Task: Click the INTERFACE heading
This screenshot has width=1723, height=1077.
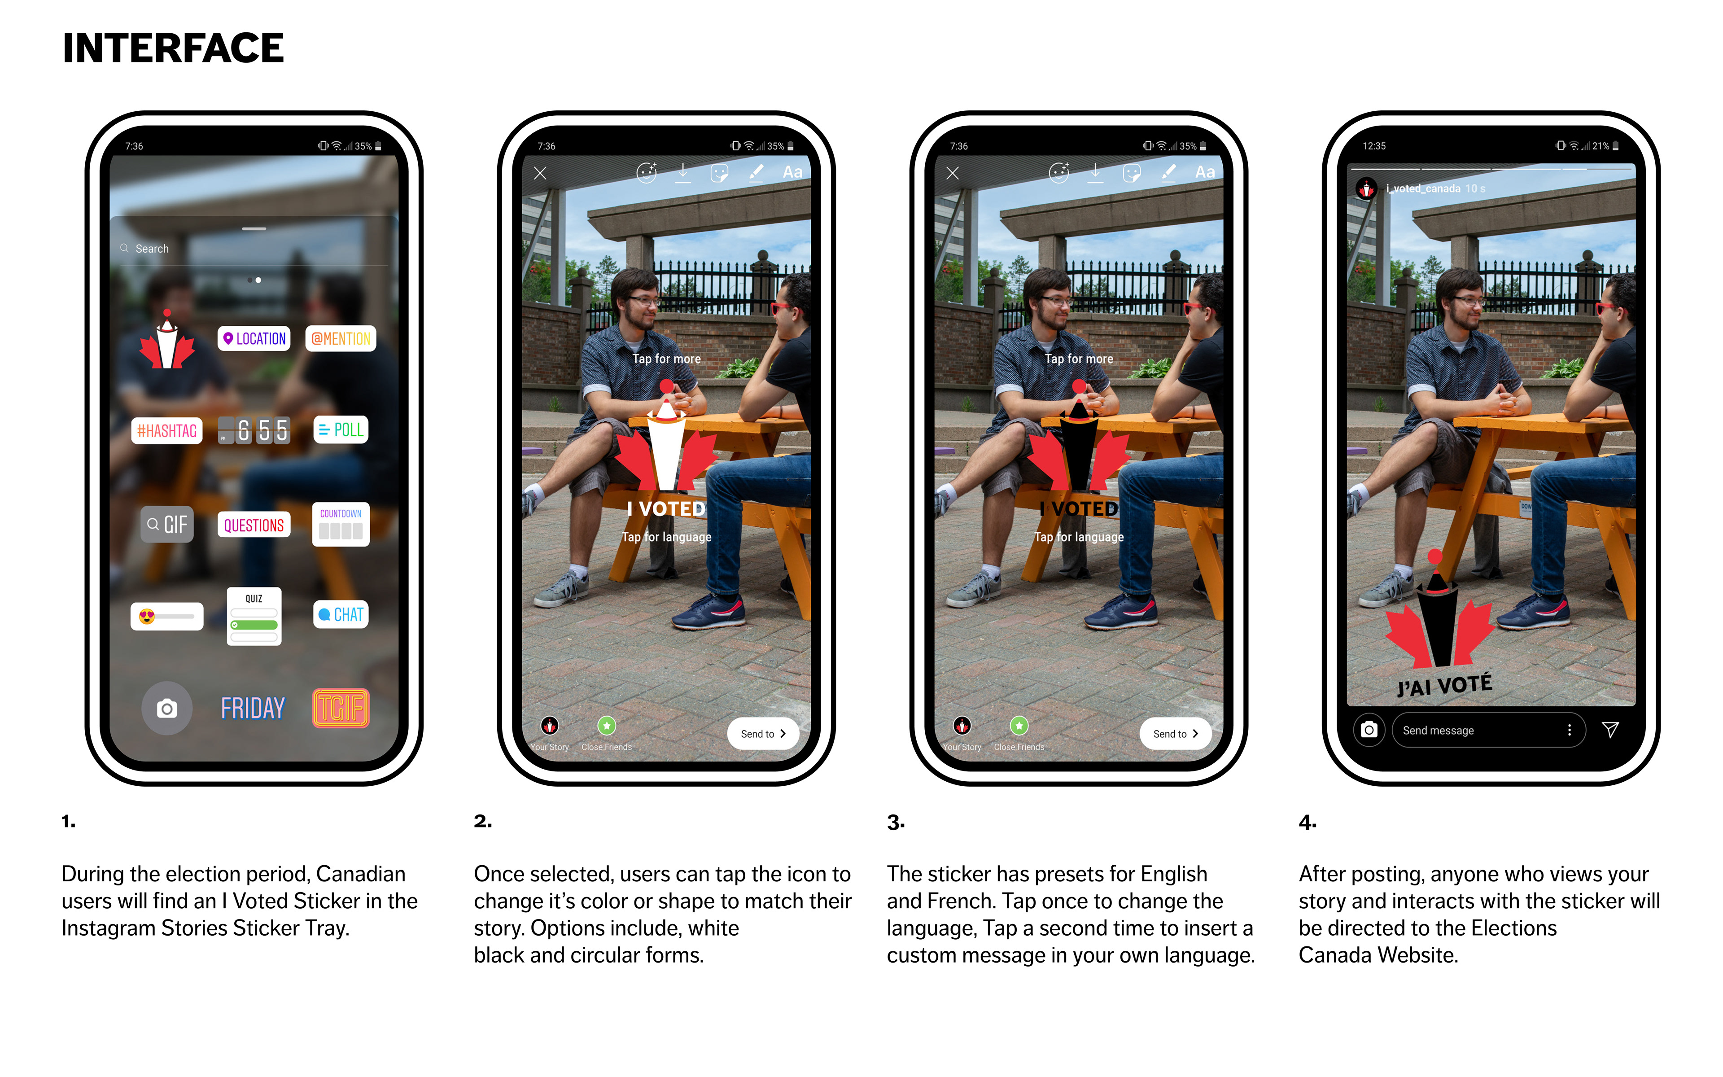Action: pos(173,48)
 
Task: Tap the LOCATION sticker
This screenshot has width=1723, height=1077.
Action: pos(254,338)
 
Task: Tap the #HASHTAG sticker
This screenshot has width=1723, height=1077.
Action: pos(166,430)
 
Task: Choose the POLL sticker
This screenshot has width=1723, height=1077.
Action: pos(341,429)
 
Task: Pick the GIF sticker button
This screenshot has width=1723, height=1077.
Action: pos(167,524)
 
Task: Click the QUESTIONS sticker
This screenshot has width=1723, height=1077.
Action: pos(254,525)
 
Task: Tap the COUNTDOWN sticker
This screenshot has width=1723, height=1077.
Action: pos(341,524)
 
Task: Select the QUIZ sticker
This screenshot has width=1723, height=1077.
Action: pos(254,616)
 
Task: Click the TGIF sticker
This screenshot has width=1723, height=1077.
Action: pos(341,708)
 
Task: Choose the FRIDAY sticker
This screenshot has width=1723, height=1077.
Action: pos(253,708)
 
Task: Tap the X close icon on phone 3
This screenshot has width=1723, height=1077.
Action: pos(953,173)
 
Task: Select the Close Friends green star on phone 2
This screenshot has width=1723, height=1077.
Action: pos(607,726)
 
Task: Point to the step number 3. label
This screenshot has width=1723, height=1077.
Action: pos(896,823)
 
